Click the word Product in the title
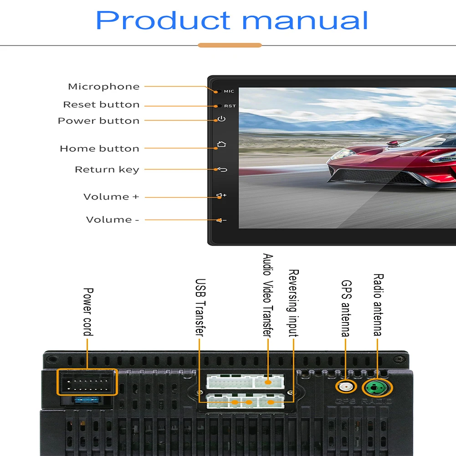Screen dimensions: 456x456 click(x=163, y=20)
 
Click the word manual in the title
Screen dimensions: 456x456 click(x=305, y=20)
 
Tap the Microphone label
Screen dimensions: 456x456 click(x=104, y=87)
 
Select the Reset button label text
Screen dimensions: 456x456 click(x=102, y=104)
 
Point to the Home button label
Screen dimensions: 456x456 click(x=100, y=149)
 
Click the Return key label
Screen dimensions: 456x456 click(x=107, y=169)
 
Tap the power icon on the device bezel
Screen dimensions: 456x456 click(x=221, y=118)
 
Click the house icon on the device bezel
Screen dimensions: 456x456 click(x=221, y=144)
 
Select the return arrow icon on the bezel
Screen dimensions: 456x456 click(x=222, y=169)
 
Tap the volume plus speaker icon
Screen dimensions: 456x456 click(x=221, y=195)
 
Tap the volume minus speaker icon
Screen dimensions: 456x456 click(x=221, y=220)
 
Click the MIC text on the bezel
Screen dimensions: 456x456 click(x=229, y=91)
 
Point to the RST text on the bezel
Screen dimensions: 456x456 click(x=230, y=106)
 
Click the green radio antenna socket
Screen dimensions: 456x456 click(x=376, y=388)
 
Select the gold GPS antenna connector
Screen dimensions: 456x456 click(x=346, y=387)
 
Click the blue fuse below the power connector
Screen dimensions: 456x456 click(x=87, y=400)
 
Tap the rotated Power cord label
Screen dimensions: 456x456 click(x=88, y=312)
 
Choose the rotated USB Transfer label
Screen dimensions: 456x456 click(x=200, y=307)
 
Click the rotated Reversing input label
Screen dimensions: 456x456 click(x=293, y=303)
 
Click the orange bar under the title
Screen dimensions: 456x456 click(x=230, y=45)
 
